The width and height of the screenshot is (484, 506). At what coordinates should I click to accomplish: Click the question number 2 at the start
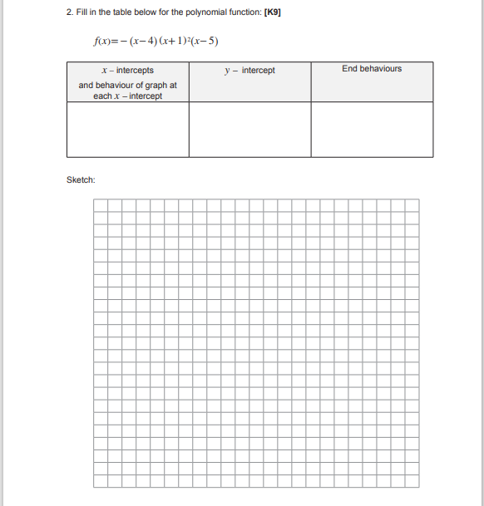[69, 14]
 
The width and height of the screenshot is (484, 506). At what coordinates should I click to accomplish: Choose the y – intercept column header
[249, 71]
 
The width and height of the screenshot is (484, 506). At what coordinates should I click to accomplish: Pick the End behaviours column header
[372, 69]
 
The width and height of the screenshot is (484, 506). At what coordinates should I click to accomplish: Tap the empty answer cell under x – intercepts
[127, 129]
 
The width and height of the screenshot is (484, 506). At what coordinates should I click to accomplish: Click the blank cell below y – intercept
[249, 129]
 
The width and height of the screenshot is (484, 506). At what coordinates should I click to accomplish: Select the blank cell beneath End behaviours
[372, 129]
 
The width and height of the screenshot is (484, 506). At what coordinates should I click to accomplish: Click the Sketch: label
[81, 179]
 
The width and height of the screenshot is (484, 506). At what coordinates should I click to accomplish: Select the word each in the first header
[101, 96]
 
